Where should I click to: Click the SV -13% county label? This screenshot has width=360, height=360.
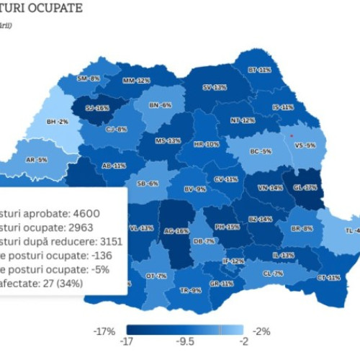click(x=214, y=87)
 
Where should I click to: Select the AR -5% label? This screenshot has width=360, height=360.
click(x=37, y=160)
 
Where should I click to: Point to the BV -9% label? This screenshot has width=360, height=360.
click(x=194, y=189)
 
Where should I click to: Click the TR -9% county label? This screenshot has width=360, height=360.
click(x=191, y=290)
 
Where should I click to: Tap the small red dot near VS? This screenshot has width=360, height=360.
click(x=291, y=135)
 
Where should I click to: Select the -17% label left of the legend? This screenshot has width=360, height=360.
click(x=105, y=331)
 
